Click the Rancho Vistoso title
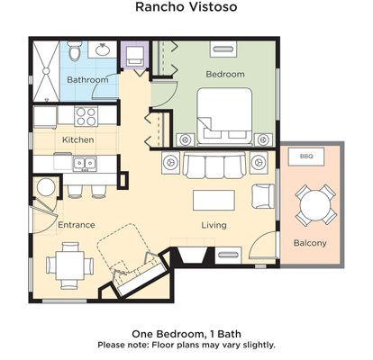(x=186, y=6)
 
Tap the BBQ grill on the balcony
(x=306, y=157)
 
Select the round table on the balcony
(x=315, y=205)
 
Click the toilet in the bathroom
(x=74, y=51)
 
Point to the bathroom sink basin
(x=102, y=49)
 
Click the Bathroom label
(x=87, y=80)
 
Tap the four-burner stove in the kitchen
(x=86, y=116)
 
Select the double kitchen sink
(x=85, y=164)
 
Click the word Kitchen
(x=78, y=139)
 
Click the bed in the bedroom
(x=224, y=116)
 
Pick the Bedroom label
(x=225, y=74)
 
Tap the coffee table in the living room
(x=214, y=200)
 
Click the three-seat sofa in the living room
(x=214, y=166)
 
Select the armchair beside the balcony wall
(x=263, y=196)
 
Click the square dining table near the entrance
(x=69, y=265)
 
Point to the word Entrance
(x=77, y=225)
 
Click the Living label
(x=214, y=225)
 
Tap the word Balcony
(x=310, y=243)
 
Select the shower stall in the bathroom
(x=46, y=71)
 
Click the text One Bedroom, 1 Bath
(x=186, y=334)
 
